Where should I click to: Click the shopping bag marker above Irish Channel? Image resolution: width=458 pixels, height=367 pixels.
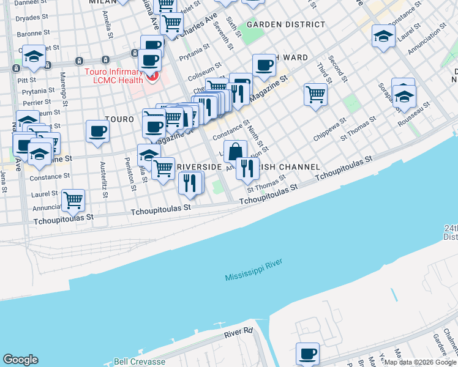tap(235, 150)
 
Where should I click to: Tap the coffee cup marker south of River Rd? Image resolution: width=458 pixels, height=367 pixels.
tap(307, 353)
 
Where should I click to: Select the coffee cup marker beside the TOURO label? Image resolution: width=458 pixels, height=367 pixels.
tap(98, 130)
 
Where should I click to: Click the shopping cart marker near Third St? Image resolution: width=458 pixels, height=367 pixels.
tap(315, 94)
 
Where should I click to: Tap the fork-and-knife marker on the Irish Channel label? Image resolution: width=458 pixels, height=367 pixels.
tap(247, 168)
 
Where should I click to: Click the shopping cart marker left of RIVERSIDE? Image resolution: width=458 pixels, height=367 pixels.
tap(163, 168)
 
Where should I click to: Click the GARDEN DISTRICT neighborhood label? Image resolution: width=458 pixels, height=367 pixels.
tap(285, 24)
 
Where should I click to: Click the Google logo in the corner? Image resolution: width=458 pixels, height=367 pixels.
tap(20, 360)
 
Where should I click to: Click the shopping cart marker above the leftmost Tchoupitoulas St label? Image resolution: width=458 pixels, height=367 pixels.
tap(73, 198)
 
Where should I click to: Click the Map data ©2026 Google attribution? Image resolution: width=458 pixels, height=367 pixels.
tap(420, 362)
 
